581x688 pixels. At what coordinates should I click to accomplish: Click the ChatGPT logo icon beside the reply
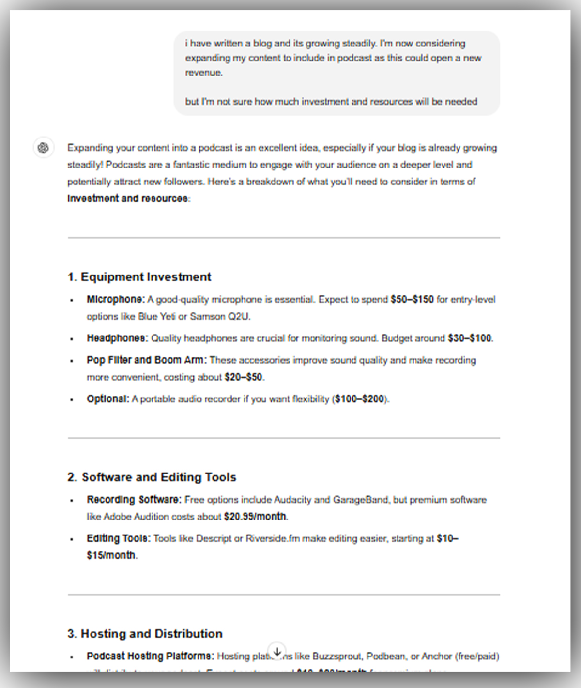(43, 148)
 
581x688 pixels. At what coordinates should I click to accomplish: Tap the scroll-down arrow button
(277, 652)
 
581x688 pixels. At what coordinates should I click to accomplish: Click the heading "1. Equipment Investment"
(139, 277)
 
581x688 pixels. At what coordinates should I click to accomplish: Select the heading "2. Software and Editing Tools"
(152, 477)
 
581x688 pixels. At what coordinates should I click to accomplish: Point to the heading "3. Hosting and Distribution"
(145, 634)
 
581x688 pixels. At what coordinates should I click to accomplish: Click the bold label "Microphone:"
(116, 300)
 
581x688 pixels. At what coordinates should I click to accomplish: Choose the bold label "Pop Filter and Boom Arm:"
(147, 360)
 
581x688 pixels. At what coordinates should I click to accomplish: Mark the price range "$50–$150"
(412, 300)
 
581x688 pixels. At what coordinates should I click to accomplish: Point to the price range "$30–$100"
(469, 338)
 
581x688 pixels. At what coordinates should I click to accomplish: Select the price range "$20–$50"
(243, 377)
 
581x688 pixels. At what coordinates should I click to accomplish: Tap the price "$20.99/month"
(255, 517)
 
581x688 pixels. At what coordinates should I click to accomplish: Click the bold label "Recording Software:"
(134, 500)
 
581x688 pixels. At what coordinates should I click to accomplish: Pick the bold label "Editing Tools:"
(119, 538)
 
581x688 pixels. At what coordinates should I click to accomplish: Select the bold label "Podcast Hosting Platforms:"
(150, 657)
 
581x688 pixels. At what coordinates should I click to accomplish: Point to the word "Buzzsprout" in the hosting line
(336, 657)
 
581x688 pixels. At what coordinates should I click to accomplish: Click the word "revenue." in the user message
(204, 73)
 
